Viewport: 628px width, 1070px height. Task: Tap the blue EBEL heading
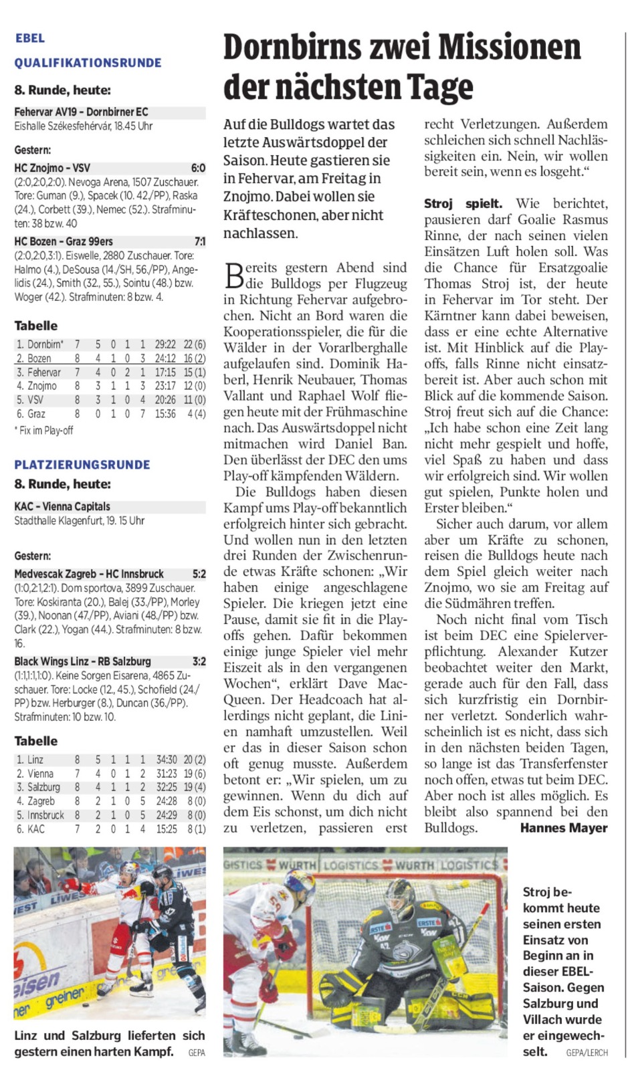pos(30,38)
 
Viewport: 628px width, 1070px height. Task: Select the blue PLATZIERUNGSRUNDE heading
pos(82,465)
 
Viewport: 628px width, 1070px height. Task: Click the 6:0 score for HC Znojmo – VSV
pos(198,168)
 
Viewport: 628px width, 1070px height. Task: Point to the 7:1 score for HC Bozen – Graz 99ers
pos(199,241)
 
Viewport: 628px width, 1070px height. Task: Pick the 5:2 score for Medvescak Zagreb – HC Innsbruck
pos(199,574)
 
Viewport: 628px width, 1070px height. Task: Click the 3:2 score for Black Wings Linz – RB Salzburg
pos(199,661)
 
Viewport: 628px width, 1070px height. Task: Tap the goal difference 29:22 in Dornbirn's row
pos(165,344)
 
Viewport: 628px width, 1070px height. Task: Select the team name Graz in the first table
pos(36,414)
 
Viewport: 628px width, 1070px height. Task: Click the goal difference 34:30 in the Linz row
pos(167,760)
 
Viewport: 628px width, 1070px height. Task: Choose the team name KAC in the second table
pos(36,829)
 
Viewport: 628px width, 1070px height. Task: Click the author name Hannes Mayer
pos(564,828)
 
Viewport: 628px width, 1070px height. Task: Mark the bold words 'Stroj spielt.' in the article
pos(463,203)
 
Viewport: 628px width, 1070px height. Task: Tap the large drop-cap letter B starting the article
pos(233,274)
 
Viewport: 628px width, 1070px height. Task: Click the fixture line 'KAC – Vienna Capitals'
pos(62,506)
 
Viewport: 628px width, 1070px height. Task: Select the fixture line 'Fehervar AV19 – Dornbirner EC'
pos(81,112)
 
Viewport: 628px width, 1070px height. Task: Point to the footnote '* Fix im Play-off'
pos(43,431)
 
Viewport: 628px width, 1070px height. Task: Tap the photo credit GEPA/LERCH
pos(587,1052)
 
